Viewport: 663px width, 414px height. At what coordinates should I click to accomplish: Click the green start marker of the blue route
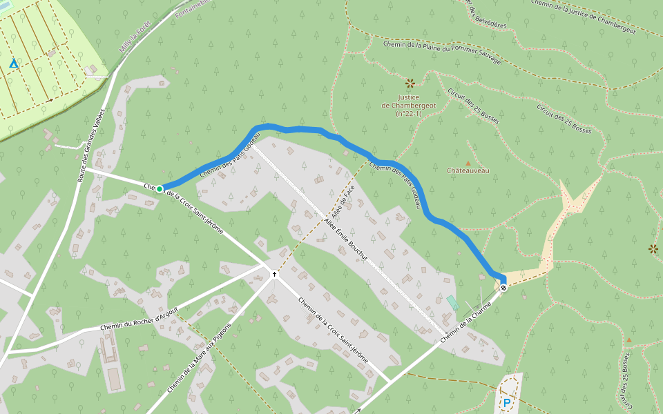click(160, 188)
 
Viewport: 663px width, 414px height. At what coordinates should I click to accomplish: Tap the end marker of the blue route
click(503, 287)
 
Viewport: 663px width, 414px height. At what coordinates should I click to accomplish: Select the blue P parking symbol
click(507, 403)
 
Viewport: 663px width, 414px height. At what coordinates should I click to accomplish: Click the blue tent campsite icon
click(13, 63)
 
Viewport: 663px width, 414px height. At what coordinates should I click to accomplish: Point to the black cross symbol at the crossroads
click(274, 274)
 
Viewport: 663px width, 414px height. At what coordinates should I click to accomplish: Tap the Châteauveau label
click(468, 170)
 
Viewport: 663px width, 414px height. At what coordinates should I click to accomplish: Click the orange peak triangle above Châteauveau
click(468, 163)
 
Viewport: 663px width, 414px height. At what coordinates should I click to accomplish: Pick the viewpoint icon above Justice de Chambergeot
click(410, 83)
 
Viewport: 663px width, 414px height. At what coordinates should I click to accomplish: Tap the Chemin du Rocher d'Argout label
click(139, 319)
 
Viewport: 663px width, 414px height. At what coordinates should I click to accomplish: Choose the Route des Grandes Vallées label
click(92, 135)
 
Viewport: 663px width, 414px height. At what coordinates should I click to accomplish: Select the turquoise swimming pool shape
click(452, 302)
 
